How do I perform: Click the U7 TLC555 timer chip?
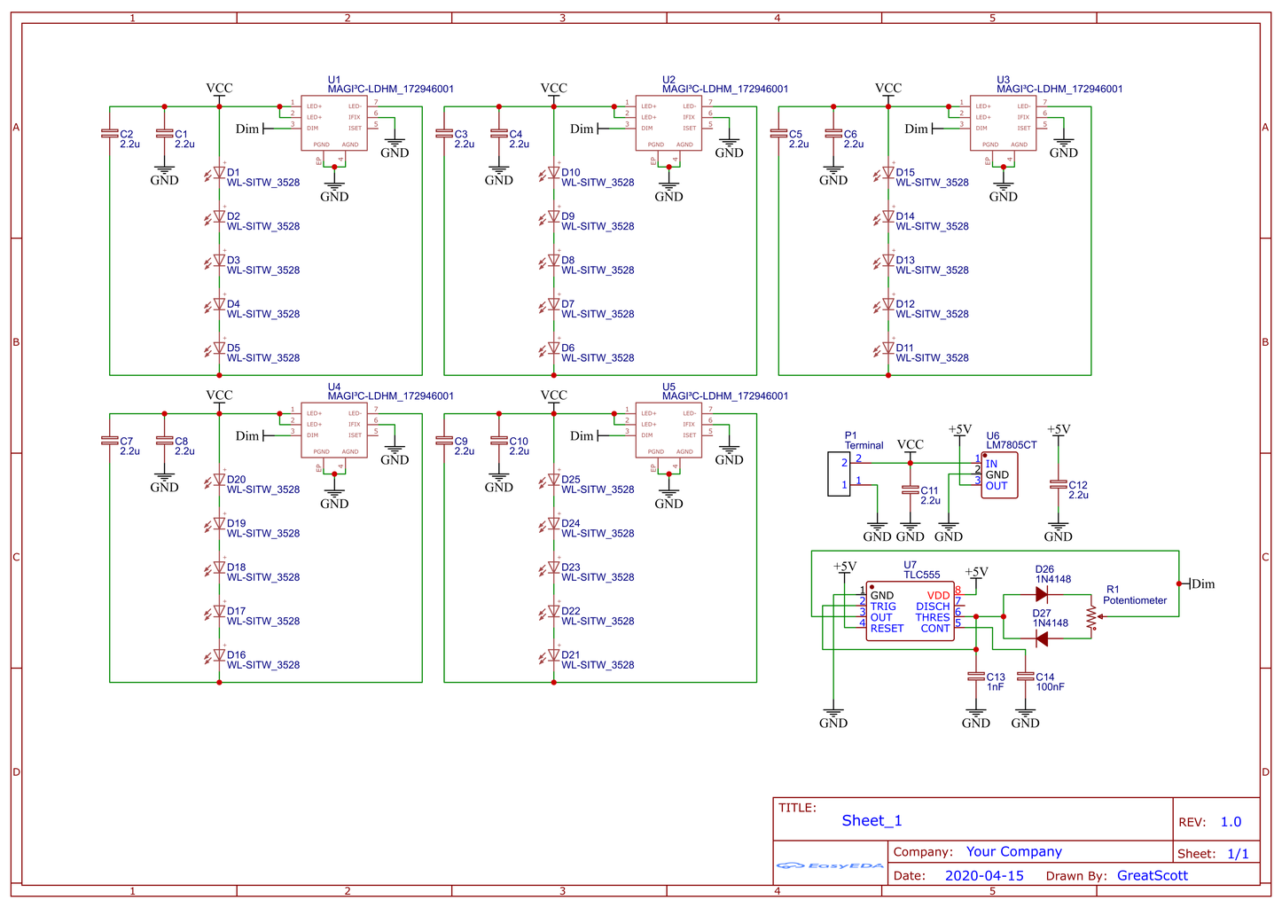click(x=910, y=611)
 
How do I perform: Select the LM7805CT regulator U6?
click(x=999, y=475)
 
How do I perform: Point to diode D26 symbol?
click(x=1042, y=595)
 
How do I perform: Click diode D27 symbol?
click(x=1042, y=638)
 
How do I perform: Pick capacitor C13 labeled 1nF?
click(x=975, y=677)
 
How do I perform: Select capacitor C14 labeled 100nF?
click(x=1025, y=677)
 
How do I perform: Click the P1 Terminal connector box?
click(x=839, y=474)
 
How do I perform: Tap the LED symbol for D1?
click(x=218, y=174)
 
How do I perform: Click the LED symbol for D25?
click(x=552, y=481)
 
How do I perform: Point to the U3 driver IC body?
click(x=1003, y=123)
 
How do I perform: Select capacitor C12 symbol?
click(x=1058, y=485)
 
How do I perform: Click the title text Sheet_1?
click(x=872, y=821)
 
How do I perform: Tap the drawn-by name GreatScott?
click(x=1152, y=875)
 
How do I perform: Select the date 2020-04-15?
click(x=983, y=875)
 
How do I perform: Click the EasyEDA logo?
click(x=829, y=865)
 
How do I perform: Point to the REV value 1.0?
click(x=1231, y=822)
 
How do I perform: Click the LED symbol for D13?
click(x=887, y=262)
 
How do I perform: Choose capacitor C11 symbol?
click(x=910, y=489)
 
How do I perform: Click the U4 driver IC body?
click(x=334, y=430)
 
